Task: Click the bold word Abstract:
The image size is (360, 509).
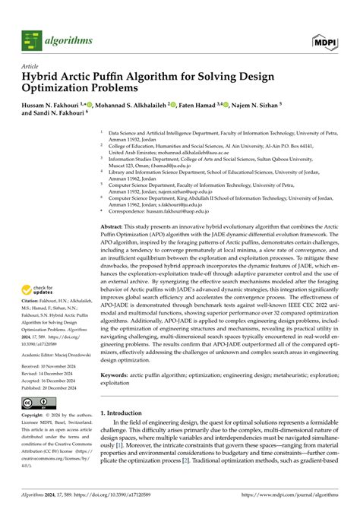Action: [115, 226]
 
